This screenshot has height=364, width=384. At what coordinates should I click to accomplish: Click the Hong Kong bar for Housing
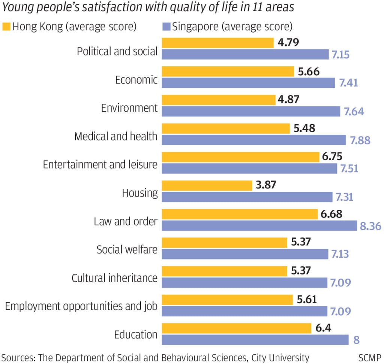pyautogui.click(x=207, y=185)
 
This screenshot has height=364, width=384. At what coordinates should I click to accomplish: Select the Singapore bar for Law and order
pyautogui.click(x=259, y=226)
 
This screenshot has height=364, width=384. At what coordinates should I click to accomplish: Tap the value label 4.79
pyautogui.click(x=288, y=42)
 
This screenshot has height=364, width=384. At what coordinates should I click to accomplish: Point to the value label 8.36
pyautogui.click(x=370, y=226)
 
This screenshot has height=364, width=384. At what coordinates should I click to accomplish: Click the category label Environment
pyautogui.click(x=129, y=108)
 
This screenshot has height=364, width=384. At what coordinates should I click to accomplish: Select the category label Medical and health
pyautogui.click(x=116, y=136)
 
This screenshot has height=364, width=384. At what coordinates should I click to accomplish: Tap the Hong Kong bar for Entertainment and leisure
pyautogui.click(x=240, y=157)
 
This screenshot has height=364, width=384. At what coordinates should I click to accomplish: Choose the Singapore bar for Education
pyautogui.click(x=255, y=340)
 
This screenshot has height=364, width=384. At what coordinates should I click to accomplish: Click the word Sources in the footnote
pyautogui.click(x=16, y=357)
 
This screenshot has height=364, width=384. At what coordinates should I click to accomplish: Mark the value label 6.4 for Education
pyautogui.click(x=324, y=328)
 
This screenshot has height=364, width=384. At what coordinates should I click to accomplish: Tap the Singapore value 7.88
pyautogui.click(x=360, y=140)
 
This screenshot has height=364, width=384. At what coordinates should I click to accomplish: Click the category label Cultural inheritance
pyautogui.click(x=114, y=278)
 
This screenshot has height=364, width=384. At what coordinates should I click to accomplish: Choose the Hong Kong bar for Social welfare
pyautogui.click(x=224, y=242)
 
